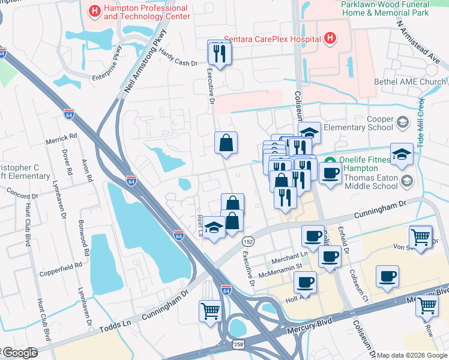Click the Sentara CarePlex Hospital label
click(x=272, y=39)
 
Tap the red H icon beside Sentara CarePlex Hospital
click(x=329, y=39)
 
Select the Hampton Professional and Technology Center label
click(x=146, y=12)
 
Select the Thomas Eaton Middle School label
click(x=364, y=181)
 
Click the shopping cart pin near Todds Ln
click(x=211, y=311)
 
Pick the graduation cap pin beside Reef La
click(x=214, y=227)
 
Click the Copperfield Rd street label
click(x=61, y=269)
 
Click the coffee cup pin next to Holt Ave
click(x=306, y=281)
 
